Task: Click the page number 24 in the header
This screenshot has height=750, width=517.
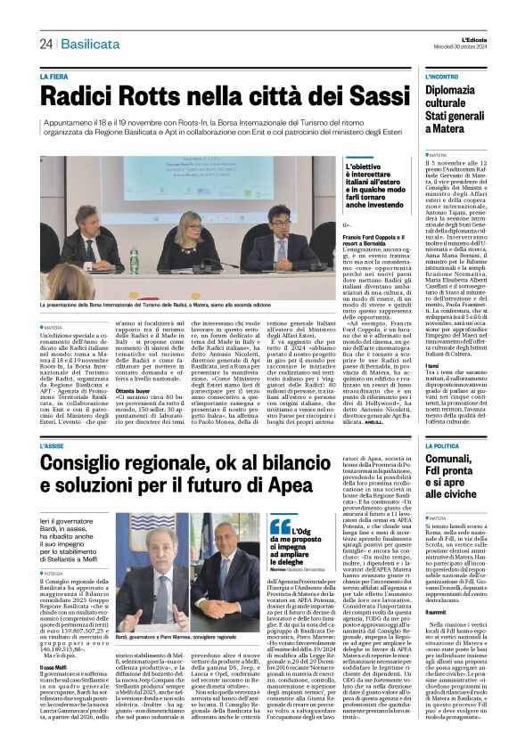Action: tap(45, 44)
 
